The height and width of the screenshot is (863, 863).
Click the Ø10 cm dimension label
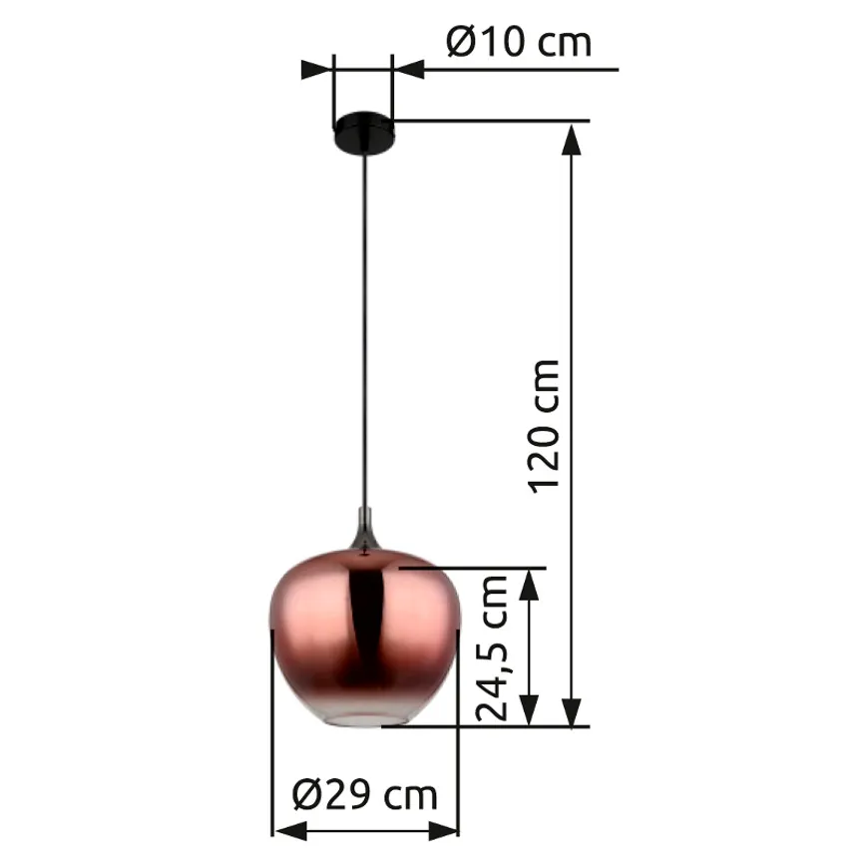(x=518, y=42)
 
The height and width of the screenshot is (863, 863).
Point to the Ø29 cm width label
(x=365, y=794)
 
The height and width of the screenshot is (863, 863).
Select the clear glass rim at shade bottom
(x=366, y=715)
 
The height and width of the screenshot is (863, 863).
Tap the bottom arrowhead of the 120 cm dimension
(x=572, y=712)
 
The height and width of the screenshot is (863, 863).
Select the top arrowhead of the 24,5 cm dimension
(x=530, y=585)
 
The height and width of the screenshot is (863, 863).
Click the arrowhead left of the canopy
(x=317, y=70)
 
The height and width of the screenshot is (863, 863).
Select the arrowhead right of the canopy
(x=408, y=70)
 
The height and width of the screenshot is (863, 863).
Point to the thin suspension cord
(x=366, y=329)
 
